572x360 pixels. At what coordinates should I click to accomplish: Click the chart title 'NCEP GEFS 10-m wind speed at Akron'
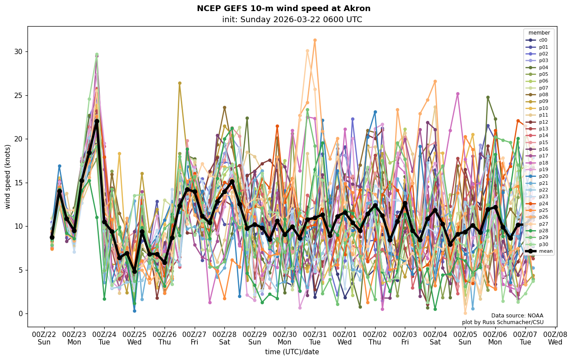[x=283, y=8]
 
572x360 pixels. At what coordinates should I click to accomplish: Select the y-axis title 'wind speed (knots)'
[x=8, y=176]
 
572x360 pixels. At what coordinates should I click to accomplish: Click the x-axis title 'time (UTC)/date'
[x=292, y=352]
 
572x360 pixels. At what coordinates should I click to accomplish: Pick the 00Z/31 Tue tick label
[x=315, y=338]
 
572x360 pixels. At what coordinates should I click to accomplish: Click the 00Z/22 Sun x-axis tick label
[x=44, y=338]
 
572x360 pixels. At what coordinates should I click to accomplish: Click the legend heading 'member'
[x=539, y=33]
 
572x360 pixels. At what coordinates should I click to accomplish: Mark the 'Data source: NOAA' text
[x=517, y=316]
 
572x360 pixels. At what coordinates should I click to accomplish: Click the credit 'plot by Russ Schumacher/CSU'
[x=502, y=322]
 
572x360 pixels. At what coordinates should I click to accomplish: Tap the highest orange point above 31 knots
[x=315, y=40]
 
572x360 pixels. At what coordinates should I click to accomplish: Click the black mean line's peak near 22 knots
[x=97, y=121]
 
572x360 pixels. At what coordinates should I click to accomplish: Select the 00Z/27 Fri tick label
[x=195, y=338]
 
